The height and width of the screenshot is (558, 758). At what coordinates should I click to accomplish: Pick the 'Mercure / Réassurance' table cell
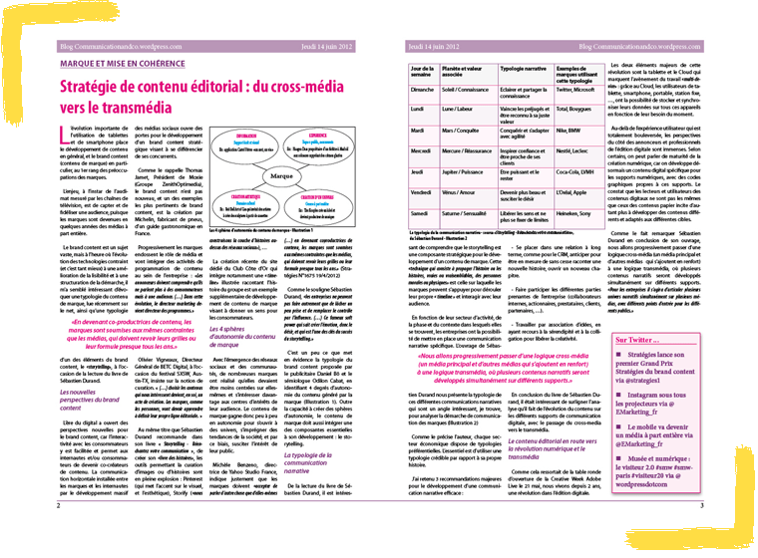465,150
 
